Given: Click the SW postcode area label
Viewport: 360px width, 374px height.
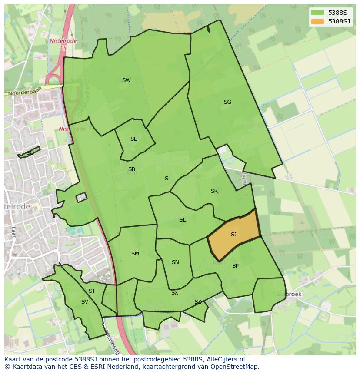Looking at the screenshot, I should click(x=126, y=80).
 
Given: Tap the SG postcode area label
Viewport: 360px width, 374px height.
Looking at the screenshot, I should click(x=227, y=102).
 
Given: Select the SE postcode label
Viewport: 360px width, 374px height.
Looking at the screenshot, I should click(x=133, y=139).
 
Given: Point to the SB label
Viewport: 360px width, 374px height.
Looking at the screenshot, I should click(x=132, y=169).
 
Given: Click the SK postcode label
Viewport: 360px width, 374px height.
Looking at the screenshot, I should click(x=214, y=191).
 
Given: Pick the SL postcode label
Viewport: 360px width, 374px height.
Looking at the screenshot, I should click(x=183, y=220).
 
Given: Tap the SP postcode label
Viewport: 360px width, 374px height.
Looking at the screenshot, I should click(x=235, y=266).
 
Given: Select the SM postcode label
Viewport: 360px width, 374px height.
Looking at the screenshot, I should click(x=135, y=254).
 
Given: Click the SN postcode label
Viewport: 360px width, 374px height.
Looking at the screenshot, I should click(x=175, y=262).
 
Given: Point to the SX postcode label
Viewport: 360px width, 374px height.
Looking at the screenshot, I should click(x=174, y=293).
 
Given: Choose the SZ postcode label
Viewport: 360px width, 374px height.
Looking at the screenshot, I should click(x=198, y=302).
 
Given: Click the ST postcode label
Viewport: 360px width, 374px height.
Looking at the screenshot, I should click(x=92, y=291).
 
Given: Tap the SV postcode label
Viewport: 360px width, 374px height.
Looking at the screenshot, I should click(x=84, y=302).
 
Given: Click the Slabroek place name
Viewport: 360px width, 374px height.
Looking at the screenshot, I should click(x=289, y=294).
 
